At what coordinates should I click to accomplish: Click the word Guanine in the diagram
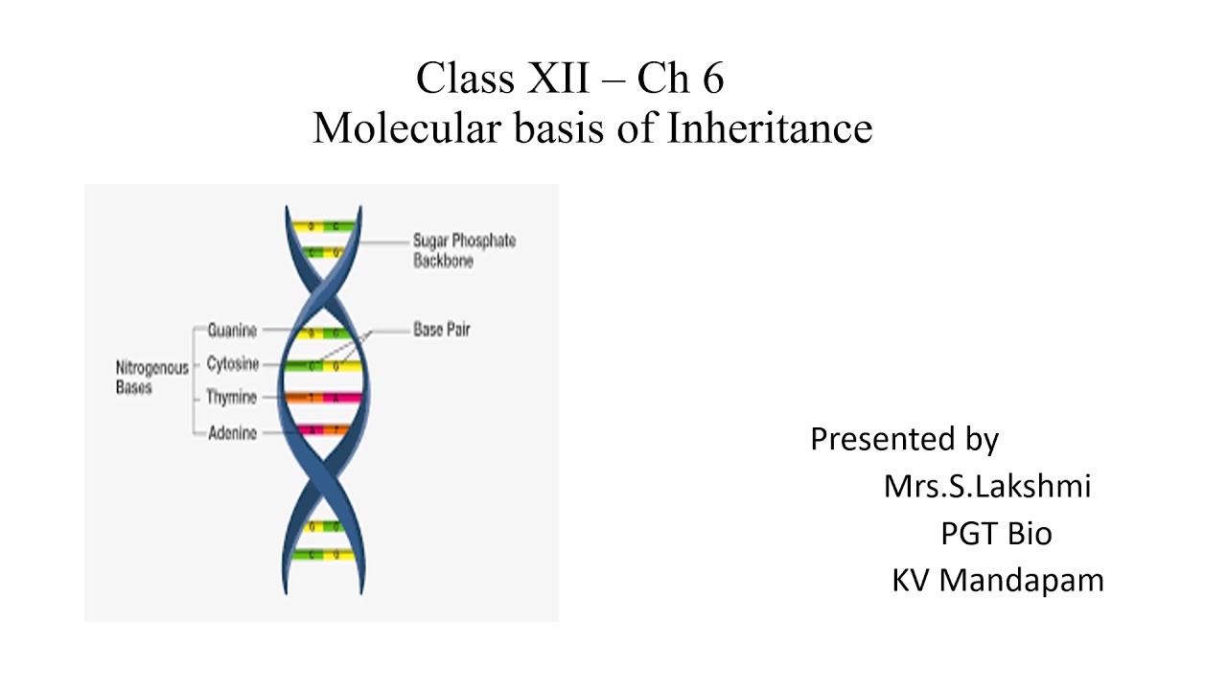point(232,331)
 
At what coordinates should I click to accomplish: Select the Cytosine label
point(232,365)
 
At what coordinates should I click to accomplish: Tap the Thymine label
point(232,398)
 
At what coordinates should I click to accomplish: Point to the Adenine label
point(232,433)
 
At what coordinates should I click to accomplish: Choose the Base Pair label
point(442,330)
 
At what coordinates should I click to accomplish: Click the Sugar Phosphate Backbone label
point(464,250)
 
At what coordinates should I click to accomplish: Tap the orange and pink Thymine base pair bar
point(322,398)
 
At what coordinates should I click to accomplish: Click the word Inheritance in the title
point(769,127)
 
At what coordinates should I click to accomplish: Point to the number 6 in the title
point(712,79)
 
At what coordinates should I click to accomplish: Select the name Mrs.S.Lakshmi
point(987,486)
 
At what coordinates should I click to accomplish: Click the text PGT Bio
point(996,533)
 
